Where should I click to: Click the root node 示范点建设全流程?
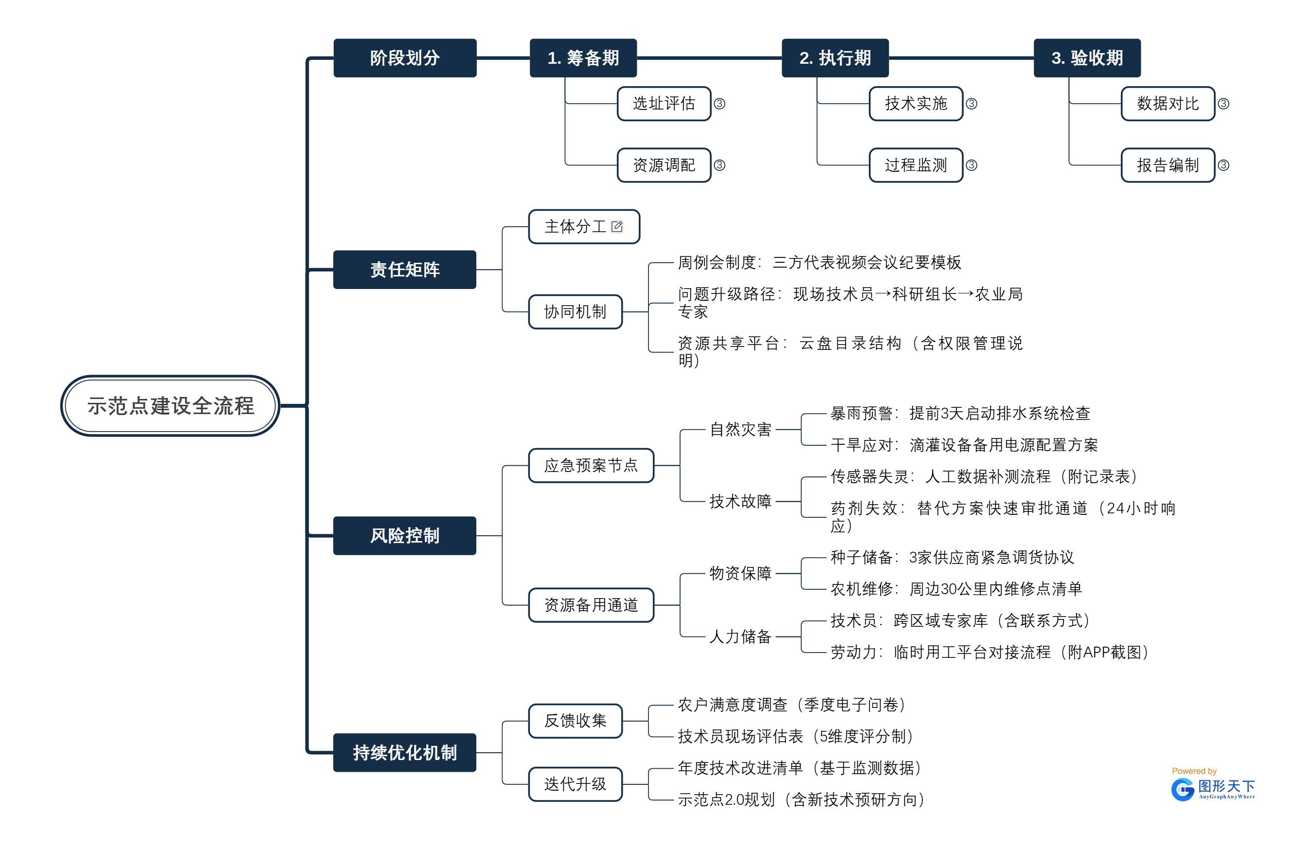pos(170,405)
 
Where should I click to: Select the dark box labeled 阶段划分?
pos(405,57)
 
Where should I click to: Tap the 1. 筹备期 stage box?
pos(583,57)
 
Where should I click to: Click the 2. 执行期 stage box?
pos(835,57)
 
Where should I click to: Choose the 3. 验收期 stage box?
pos(1086,57)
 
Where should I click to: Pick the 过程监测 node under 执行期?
pos(915,165)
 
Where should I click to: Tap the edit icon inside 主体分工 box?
pos(617,226)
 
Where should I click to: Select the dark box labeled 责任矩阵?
pos(404,269)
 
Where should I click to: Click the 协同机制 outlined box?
pos(575,312)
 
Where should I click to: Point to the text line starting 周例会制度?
pos(819,262)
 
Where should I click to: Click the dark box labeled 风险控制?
pos(404,535)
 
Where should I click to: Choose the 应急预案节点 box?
pos(591,465)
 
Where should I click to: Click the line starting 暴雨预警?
pos(959,413)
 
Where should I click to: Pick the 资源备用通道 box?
pos(591,605)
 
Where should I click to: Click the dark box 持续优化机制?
pos(404,752)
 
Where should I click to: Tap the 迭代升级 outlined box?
pos(575,783)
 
